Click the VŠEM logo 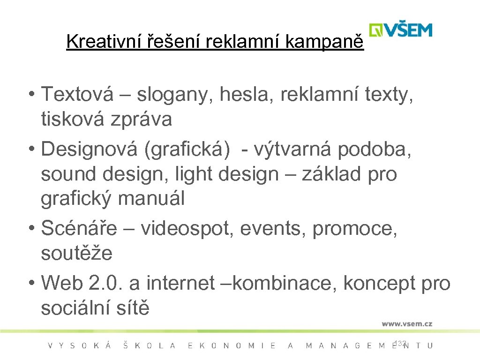pyautogui.click(x=400, y=30)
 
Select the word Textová pyautogui.click(x=77, y=94)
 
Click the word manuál pyautogui.click(x=151, y=199)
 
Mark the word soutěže pyautogui.click(x=77, y=254)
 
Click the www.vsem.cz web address pyautogui.click(x=407, y=323)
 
